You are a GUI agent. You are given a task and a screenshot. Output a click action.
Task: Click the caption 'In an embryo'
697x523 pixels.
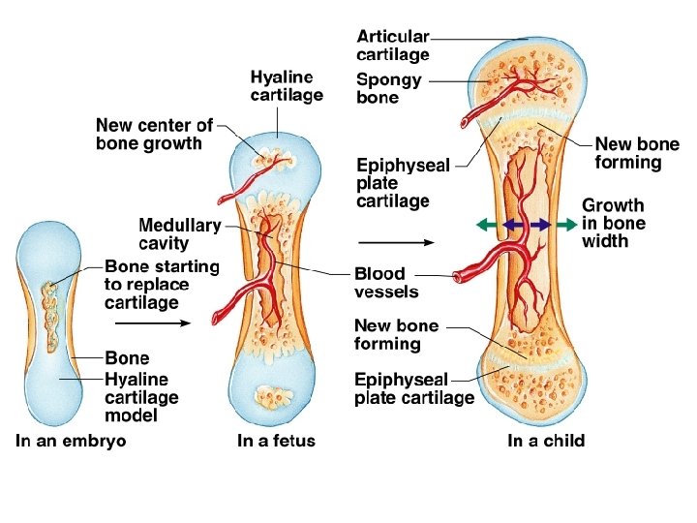71,442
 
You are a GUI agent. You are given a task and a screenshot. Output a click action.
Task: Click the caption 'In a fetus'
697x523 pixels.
276,442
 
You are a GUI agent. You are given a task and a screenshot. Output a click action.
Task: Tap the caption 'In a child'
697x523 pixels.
546,442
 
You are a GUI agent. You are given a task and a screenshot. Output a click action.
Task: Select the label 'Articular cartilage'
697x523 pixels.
394,46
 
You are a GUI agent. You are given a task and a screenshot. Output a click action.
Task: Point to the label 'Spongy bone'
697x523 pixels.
389,89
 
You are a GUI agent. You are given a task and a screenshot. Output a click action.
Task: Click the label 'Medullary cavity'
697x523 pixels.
180,234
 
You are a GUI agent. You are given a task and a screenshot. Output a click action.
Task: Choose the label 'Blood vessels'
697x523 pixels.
386,283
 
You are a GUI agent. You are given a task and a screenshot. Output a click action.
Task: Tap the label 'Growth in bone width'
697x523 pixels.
613,224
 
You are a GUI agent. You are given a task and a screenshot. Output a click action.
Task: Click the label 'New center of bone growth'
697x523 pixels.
154,135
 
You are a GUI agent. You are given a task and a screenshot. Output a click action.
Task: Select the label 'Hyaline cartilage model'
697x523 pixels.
141,397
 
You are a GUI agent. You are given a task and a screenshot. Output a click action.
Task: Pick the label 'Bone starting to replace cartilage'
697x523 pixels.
162,284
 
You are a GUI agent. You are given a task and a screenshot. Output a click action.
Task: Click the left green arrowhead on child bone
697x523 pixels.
479,225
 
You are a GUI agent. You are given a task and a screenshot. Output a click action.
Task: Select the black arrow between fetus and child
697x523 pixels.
397,242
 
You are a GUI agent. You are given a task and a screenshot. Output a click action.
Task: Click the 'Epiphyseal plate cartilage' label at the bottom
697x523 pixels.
414,388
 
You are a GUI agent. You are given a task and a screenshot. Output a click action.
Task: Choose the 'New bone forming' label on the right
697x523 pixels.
636,153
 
